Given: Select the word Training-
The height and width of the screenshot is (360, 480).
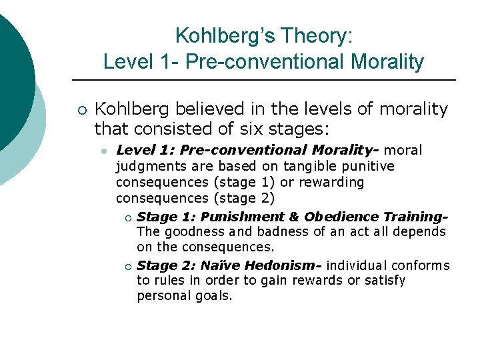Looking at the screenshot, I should point(415,217).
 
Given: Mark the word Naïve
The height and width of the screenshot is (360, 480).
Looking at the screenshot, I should point(223,265).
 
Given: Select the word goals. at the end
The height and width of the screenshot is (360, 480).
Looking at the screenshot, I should point(212,296).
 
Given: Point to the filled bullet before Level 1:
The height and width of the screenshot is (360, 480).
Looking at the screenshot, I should point(104,151).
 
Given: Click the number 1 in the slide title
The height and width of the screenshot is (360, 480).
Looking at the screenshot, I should point(165,62).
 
